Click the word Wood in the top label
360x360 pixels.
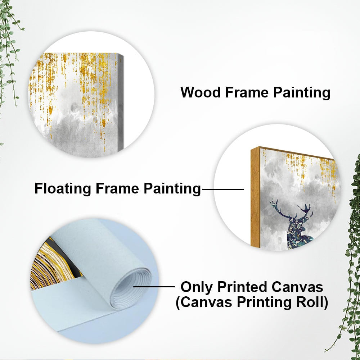pos(201,92)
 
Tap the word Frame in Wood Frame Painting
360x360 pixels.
pos(247,92)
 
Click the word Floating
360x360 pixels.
pos(63,189)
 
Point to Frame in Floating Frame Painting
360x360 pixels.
pos(117,188)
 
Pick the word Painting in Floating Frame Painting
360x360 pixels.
pos(172,189)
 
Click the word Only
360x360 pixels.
pos(197,287)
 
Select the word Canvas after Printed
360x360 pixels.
pos(297,287)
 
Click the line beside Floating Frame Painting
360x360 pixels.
pos(223,189)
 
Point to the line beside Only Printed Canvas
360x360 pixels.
pos(154,287)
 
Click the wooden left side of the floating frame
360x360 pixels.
pos(255,197)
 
